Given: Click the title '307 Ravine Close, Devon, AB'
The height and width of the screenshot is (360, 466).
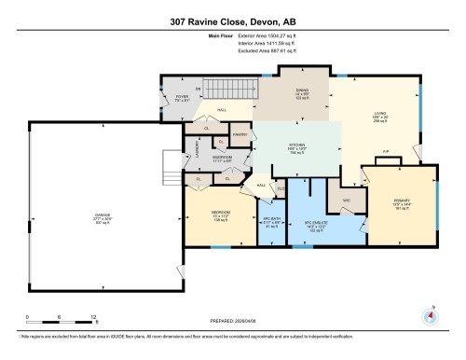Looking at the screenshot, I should [232, 21].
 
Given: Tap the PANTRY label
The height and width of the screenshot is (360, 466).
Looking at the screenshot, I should [239, 135].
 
